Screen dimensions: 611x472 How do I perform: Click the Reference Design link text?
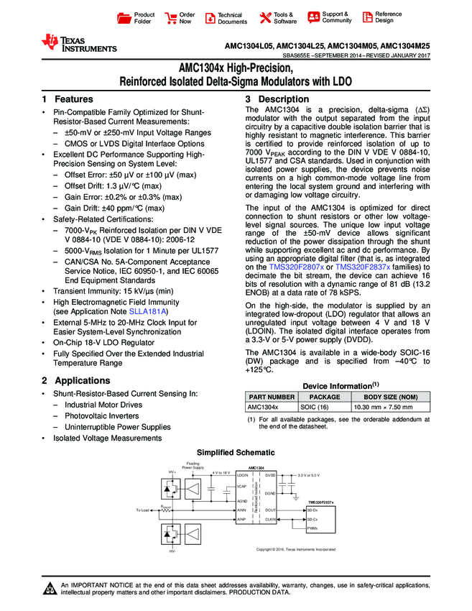click(x=389, y=17)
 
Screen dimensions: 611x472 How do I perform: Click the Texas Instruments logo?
click(x=78, y=43)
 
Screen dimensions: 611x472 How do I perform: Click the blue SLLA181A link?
click(x=154, y=312)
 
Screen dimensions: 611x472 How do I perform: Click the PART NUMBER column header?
click(x=272, y=396)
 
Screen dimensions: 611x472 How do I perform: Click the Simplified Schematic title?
click(x=236, y=452)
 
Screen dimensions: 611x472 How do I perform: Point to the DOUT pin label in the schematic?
click(x=270, y=510)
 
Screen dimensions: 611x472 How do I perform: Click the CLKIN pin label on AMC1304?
click(x=270, y=519)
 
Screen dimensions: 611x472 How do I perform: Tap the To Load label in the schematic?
click(x=142, y=510)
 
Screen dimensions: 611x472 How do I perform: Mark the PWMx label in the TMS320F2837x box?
click(x=313, y=528)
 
